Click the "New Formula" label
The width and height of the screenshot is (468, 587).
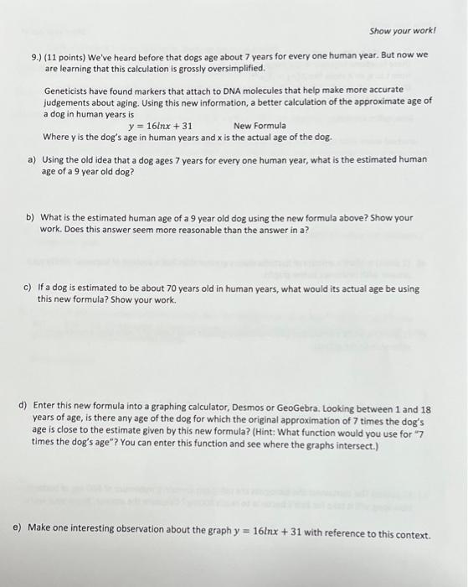pos(260,126)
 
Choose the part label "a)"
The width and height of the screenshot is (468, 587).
pos(32,159)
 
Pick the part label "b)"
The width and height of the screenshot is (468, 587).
pos(32,217)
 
